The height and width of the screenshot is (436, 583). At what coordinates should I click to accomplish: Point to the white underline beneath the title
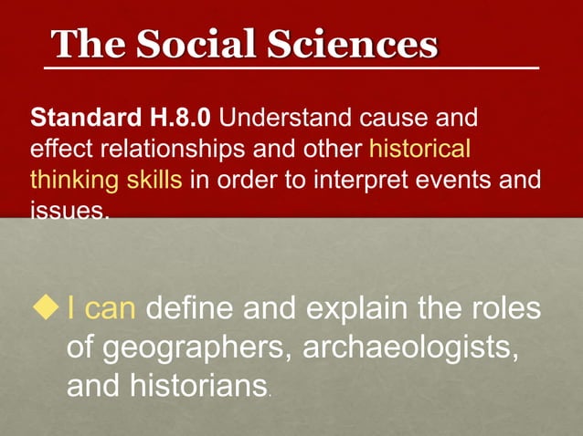(x=292, y=68)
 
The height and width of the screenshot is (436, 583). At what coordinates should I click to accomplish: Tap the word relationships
(x=142, y=149)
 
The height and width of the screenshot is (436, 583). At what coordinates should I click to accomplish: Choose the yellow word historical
(x=419, y=149)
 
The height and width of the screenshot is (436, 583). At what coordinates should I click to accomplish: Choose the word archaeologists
(x=402, y=348)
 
